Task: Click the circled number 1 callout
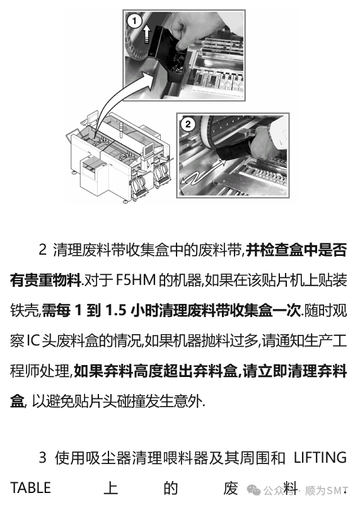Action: (x=134, y=21)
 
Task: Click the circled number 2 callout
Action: (x=188, y=124)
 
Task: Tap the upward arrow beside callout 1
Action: (x=146, y=35)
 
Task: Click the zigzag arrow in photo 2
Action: (x=202, y=174)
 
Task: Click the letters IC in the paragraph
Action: (x=33, y=341)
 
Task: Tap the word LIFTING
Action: (x=320, y=458)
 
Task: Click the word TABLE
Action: (x=31, y=488)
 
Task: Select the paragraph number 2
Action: (x=43, y=250)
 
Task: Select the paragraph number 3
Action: (x=43, y=458)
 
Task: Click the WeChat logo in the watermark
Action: (x=253, y=490)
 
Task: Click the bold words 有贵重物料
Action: (x=45, y=281)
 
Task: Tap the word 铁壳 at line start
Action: (x=25, y=311)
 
